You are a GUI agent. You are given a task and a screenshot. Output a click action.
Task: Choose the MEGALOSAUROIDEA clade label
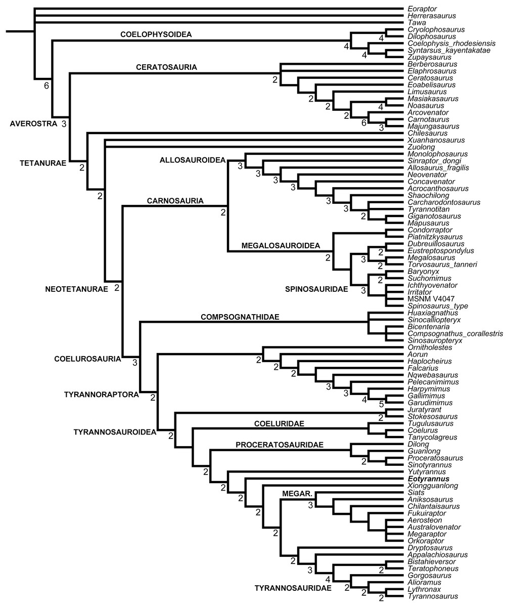[281, 245]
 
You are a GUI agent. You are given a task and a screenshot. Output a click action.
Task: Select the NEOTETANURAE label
[76, 289]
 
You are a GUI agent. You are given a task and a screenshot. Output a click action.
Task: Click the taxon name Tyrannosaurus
[430, 596]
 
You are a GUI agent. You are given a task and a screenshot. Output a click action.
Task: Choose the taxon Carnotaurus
[426, 119]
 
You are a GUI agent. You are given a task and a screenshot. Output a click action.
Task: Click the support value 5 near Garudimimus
[382, 404]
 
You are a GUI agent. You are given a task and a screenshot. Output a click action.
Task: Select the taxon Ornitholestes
[428, 348]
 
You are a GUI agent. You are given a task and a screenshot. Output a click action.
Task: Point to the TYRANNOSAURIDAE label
[293, 588]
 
